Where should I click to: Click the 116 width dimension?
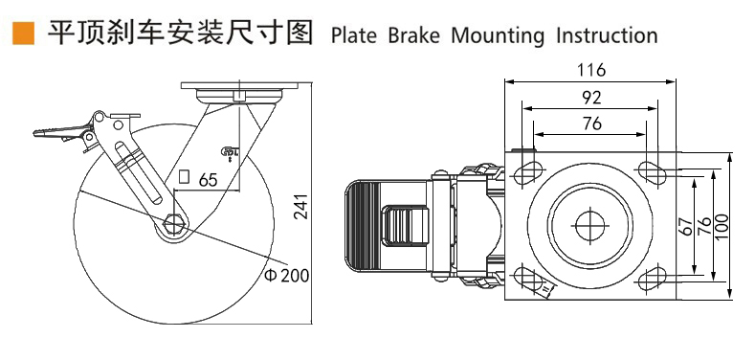point(591,70)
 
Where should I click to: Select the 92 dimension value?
point(591,97)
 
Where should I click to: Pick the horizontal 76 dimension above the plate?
point(591,123)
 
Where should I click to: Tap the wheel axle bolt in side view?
point(173,222)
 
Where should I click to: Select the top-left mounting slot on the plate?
point(526,173)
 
